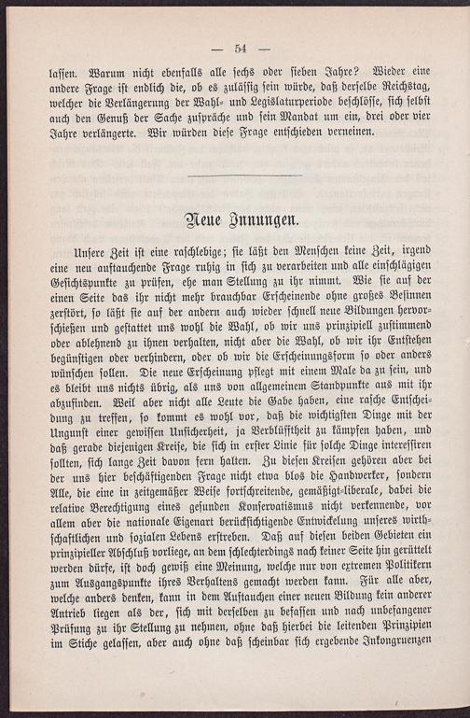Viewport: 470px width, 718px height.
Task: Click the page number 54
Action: click(x=240, y=49)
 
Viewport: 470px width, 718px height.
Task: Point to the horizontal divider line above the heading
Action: click(x=244, y=175)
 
